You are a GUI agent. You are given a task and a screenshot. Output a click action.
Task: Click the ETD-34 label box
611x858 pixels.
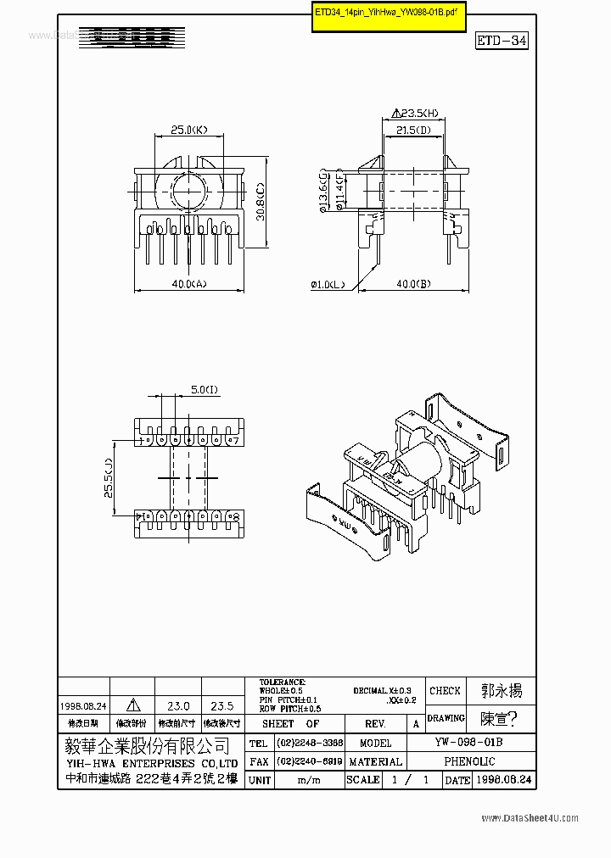click(x=502, y=41)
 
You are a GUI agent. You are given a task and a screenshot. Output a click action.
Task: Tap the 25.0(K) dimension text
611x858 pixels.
click(x=189, y=130)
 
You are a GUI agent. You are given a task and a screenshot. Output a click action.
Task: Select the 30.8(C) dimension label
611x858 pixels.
click(x=261, y=202)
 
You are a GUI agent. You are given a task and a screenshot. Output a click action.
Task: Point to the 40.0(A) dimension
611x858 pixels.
click(x=188, y=285)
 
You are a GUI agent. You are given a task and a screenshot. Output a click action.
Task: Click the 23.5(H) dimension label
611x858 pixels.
click(x=416, y=112)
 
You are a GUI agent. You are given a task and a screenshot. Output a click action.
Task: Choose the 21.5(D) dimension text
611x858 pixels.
click(x=413, y=130)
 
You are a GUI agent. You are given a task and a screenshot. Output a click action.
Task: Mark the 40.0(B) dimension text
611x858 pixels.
click(x=412, y=285)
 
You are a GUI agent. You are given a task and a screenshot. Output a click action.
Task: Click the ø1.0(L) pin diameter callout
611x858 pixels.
click(x=328, y=285)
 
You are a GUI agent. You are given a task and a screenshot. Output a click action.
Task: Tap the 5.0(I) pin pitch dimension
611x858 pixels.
click(x=204, y=389)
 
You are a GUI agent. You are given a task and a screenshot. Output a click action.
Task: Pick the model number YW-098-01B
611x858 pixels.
click(x=468, y=743)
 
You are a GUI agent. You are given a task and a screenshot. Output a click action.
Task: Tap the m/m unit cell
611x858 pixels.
click(x=309, y=780)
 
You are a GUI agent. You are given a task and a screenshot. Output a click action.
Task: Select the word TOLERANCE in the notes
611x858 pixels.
click(x=282, y=682)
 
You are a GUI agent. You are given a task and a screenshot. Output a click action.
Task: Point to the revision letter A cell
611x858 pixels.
click(x=416, y=724)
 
